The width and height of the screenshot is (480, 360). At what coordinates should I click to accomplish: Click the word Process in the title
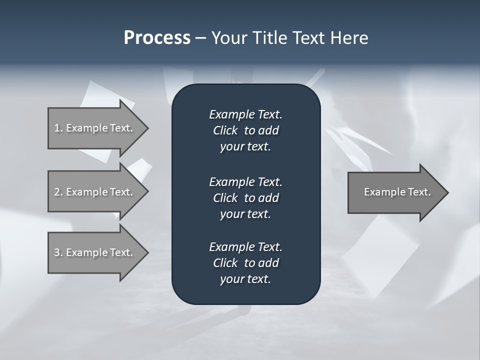[x=157, y=38]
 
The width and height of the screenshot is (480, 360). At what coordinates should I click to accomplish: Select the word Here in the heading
[x=349, y=38]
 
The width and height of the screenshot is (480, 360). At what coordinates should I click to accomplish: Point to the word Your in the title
[x=227, y=38]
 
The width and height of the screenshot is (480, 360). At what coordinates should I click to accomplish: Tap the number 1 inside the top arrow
[x=56, y=128]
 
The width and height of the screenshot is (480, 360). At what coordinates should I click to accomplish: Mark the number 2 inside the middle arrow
[x=56, y=192]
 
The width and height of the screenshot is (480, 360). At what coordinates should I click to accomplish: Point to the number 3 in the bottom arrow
[x=56, y=252]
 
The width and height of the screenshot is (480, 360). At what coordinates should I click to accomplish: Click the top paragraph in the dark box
[x=245, y=130]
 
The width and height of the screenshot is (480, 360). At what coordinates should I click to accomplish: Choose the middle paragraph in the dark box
[x=245, y=198]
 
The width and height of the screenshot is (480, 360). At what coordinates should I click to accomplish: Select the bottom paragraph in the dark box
[x=245, y=263]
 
